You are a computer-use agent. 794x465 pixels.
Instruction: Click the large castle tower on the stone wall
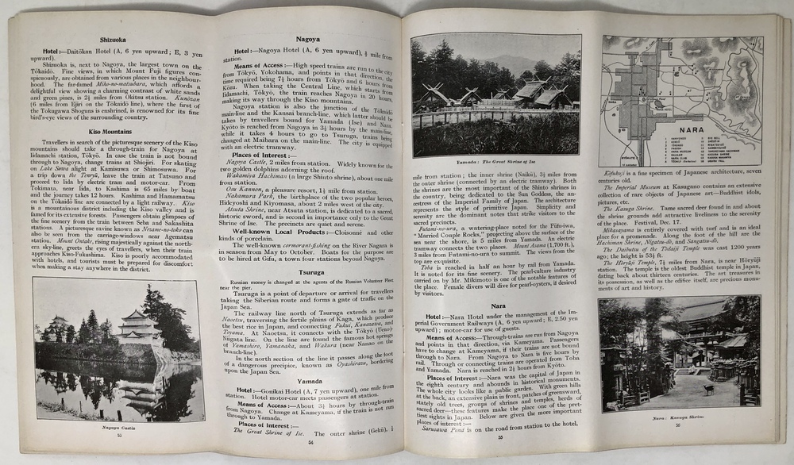[136, 321]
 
